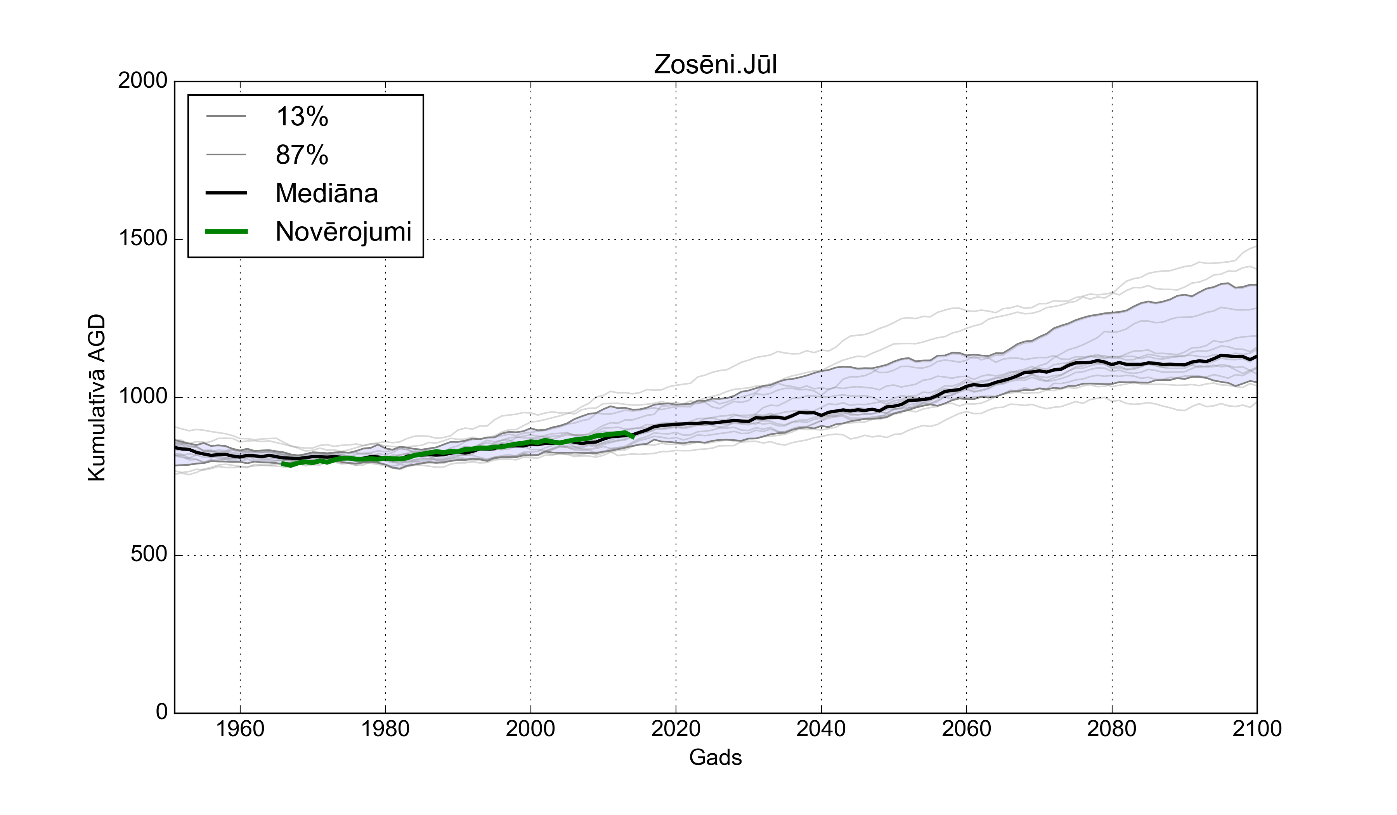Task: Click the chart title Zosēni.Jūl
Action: [715, 65]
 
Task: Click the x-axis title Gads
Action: [715, 757]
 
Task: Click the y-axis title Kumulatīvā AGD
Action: [97, 397]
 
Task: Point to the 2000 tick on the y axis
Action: [142, 81]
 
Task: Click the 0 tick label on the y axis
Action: [161, 711]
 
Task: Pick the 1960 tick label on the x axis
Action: [240, 728]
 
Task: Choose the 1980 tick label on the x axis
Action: [385, 728]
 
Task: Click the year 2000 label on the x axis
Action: [530, 728]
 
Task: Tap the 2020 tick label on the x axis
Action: [676, 728]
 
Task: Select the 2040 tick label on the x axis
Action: [821, 728]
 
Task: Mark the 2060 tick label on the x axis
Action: [966, 728]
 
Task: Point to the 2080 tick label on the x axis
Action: [1111, 728]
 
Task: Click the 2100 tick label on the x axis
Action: [1257, 728]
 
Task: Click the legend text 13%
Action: [302, 117]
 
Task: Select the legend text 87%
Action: [302, 155]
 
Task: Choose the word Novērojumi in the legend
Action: [343, 232]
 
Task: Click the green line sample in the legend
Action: [226, 232]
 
